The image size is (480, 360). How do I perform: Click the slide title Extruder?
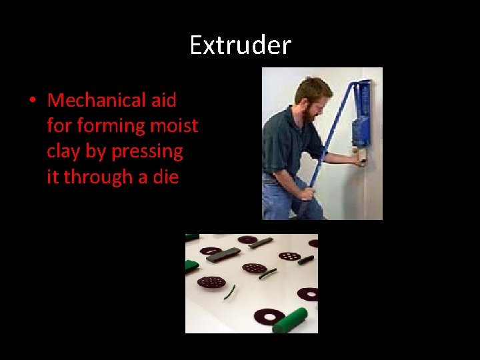[x=240, y=45]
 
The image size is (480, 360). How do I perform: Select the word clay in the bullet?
[x=65, y=151]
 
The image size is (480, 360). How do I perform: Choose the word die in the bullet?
[x=165, y=177]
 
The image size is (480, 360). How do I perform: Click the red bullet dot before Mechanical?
[x=31, y=101]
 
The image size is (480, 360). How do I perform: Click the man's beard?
[x=307, y=115]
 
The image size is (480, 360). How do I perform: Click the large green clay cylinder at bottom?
[x=289, y=320]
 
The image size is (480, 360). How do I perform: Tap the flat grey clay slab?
[x=223, y=253]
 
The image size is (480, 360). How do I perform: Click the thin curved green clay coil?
[x=229, y=291]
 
